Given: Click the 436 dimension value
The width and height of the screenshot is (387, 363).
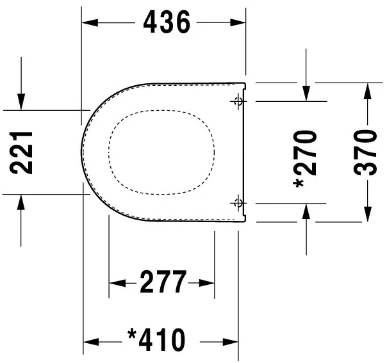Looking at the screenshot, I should [x=166, y=23].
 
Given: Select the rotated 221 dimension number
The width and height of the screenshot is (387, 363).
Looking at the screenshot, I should [x=23, y=152].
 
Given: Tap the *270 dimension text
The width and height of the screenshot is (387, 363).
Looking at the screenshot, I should [x=306, y=157].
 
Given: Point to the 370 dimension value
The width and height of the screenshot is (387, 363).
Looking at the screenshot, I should [x=366, y=152].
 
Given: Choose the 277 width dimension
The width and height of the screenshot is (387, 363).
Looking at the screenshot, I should [x=163, y=282].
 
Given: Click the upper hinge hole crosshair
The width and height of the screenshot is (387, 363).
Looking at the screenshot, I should [x=238, y=101].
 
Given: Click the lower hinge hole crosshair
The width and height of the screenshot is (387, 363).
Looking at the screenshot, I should [x=238, y=203].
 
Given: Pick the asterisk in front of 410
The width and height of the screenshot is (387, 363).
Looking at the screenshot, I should [x=133, y=335].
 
